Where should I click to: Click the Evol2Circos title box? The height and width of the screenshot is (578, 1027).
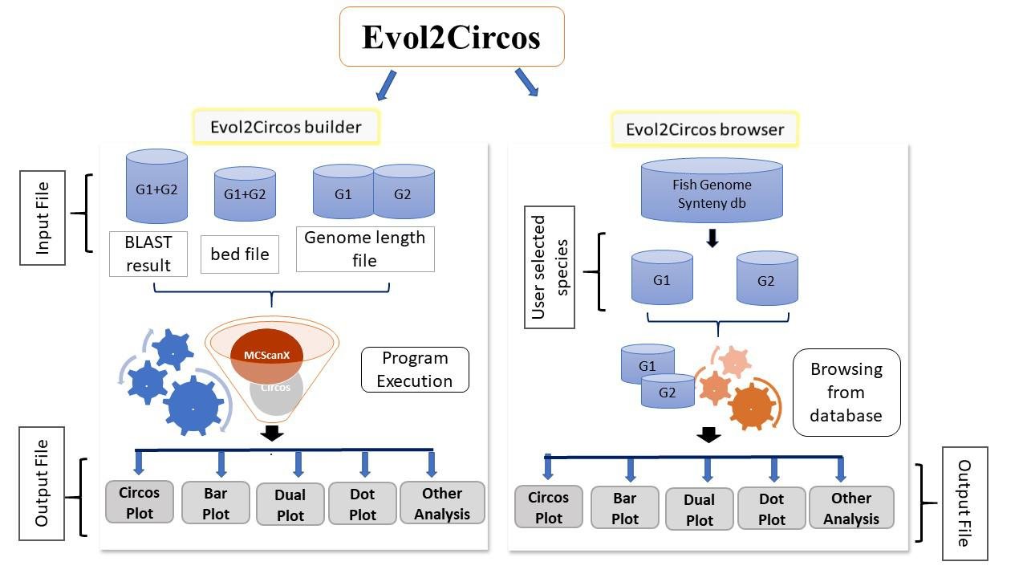452,37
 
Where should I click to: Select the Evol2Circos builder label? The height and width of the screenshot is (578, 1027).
286,127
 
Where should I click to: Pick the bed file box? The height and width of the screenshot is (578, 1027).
239,254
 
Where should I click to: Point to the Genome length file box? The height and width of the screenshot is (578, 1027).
365,249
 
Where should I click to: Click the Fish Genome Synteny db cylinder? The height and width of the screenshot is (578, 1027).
711,190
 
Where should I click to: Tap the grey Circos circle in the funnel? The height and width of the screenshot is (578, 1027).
276,393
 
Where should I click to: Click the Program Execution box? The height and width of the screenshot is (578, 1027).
415,369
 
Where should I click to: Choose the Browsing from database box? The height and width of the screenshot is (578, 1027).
846,393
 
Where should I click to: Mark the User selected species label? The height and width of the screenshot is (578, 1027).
550,267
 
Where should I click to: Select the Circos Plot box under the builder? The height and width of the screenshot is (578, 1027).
140,502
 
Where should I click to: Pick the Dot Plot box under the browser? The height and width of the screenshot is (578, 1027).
771,509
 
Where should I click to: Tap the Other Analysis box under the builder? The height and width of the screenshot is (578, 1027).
442,503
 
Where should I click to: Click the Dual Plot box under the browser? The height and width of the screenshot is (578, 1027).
699,510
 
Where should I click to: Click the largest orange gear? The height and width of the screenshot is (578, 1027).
752,406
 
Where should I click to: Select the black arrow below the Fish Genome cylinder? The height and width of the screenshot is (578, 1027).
712,238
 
